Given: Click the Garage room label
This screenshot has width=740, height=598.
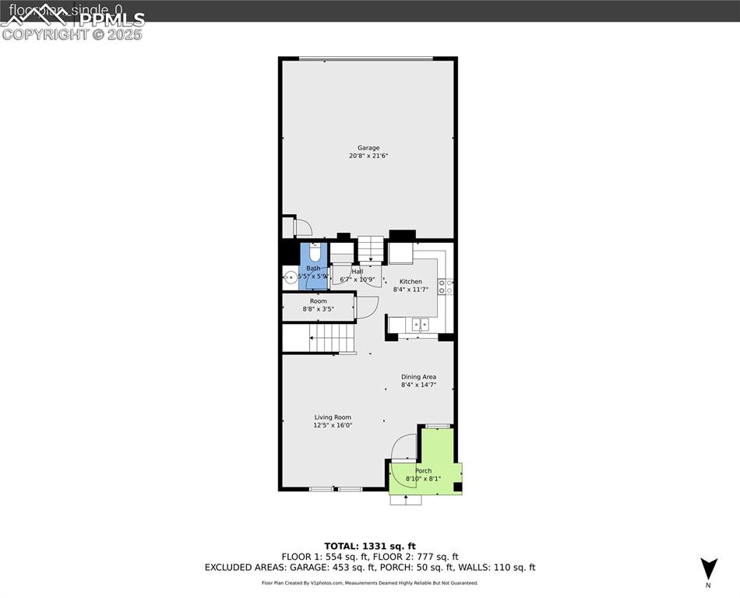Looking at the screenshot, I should point(368,148).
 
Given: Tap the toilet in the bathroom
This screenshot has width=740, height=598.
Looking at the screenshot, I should point(315,253).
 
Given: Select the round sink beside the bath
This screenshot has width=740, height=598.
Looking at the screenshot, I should point(290,276).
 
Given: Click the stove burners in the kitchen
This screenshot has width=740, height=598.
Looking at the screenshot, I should point(446,287).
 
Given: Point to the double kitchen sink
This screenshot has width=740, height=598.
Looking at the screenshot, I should point(420,323).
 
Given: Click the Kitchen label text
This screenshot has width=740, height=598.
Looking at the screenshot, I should point(411,282).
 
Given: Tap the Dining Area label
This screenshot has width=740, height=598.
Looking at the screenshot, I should point(418,377).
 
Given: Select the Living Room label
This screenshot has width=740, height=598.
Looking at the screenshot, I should point(333,417).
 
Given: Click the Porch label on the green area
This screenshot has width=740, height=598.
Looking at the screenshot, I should point(423,471).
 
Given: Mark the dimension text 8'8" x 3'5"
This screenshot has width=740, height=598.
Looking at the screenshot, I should point(318,309).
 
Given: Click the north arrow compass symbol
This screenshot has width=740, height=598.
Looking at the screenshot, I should point(708,568).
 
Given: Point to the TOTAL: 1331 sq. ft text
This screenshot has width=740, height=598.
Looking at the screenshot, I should point(370,546).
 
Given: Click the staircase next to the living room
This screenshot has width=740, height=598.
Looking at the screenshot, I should point(333,339).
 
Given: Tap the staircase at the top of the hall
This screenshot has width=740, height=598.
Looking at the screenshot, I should point(372,248).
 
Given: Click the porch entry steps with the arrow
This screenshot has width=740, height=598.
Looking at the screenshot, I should point(406,499).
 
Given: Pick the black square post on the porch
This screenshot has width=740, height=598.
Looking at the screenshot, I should point(457,487).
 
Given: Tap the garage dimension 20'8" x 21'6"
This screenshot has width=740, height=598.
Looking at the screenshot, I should point(368,157).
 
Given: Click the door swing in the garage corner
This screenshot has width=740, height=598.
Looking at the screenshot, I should point(302,227).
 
